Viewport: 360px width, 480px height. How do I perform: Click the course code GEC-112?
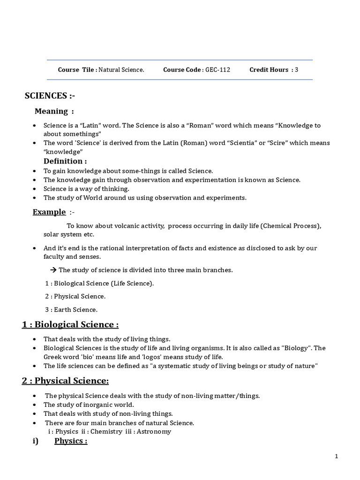(217, 70)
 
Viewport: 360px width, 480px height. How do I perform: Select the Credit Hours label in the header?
(269, 70)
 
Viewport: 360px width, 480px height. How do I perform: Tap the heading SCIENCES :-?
(50, 96)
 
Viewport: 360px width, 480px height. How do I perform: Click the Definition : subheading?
(65, 161)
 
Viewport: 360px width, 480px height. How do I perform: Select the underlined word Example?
(49, 212)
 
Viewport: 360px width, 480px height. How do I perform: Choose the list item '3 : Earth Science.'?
(71, 309)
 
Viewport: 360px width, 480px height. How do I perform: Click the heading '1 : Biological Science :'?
(70, 324)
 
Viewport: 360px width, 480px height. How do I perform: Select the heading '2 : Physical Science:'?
(65, 381)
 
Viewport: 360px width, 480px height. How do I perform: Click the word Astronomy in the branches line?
(155, 431)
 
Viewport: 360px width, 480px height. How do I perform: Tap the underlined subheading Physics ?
(71, 441)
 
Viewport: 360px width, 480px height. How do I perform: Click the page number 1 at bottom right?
(337, 456)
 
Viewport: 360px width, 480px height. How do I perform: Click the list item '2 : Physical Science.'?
(75, 296)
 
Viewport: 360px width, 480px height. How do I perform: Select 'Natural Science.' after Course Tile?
(121, 70)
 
